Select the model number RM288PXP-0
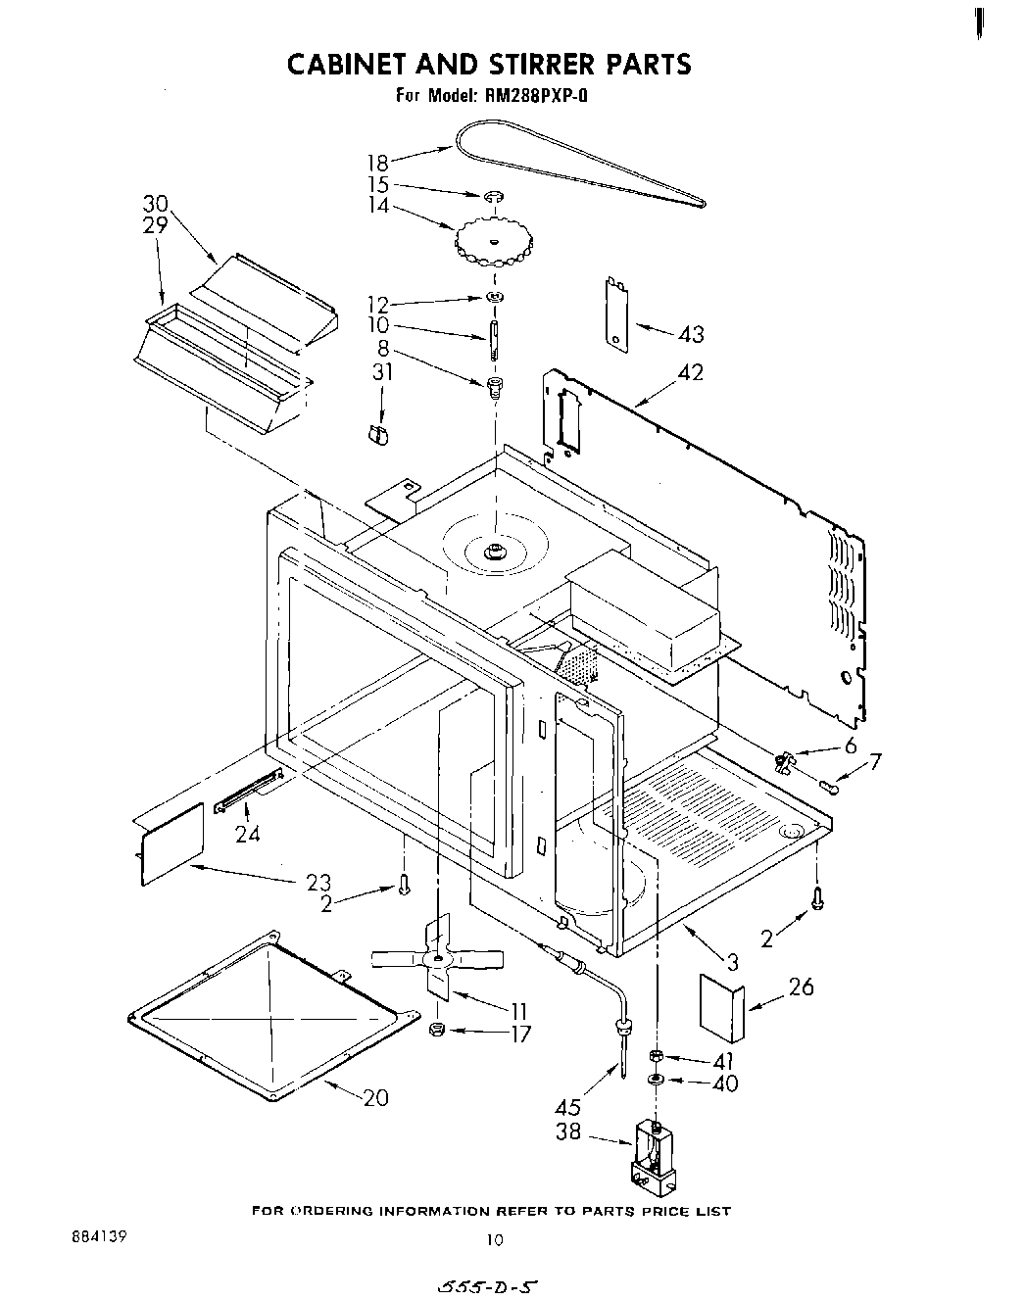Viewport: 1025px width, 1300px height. [x=532, y=96]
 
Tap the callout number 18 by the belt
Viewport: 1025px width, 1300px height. [x=377, y=164]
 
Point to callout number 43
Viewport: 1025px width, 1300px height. [x=691, y=335]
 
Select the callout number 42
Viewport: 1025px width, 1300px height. [x=691, y=373]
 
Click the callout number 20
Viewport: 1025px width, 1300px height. [x=375, y=1098]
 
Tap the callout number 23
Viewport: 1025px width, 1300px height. [x=318, y=882]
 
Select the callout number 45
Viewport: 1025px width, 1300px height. [x=567, y=1108]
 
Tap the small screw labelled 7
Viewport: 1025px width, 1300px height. [x=831, y=787]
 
